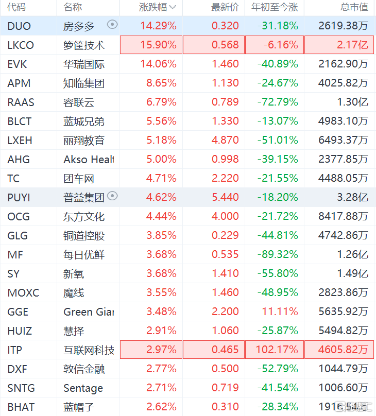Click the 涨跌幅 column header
pos(152,7)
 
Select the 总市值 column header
pos(354,7)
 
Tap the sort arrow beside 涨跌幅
pos(173,7)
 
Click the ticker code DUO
pos(19,26)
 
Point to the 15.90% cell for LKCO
pos(158,45)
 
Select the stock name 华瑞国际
pos(84,64)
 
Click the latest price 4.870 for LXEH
pos(225,140)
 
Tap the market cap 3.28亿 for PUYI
pos(354,197)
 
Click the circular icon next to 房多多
pos(112,25)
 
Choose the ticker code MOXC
pos(23,292)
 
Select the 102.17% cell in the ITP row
pos(278,350)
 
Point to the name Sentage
pos(83,388)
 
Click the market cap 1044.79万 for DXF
pos(343,369)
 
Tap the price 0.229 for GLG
pos(225,235)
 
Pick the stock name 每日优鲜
pos(84,254)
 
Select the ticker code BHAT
pos(21,407)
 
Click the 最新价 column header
pos(225,7)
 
